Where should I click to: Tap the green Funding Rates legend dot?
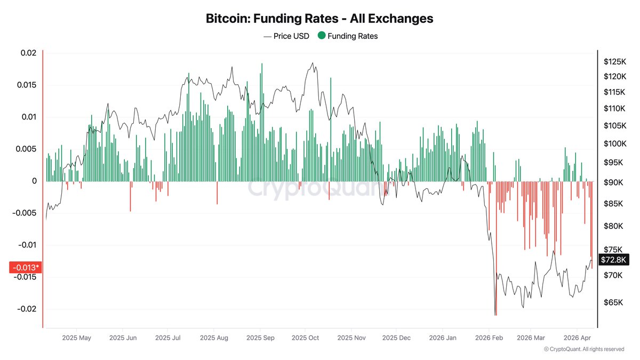pyautogui.click(x=321, y=36)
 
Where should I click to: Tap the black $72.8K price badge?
pyautogui.click(x=614, y=260)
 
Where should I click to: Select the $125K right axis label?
pyautogui.click(x=614, y=61)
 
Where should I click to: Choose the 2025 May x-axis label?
pyautogui.click(x=77, y=338)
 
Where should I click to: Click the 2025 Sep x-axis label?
pyautogui.click(x=260, y=338)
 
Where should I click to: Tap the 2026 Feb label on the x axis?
pyautogui.click(x=489, y=338)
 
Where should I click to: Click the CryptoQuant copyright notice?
pyautogui.click(x=583, y=349)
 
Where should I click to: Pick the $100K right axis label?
pyautogui.click(x=614, y=143)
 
